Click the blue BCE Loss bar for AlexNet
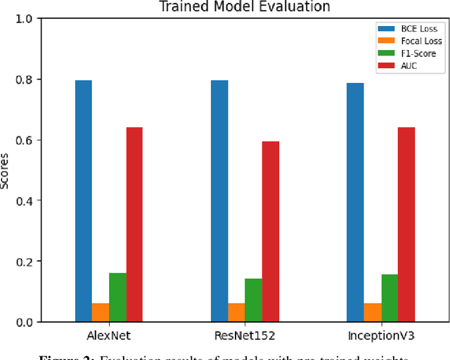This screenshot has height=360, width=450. point(84,201)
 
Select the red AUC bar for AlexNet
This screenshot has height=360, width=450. point(134,224)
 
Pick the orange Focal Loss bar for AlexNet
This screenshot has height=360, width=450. point(101,312)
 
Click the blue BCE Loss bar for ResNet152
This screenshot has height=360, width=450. point(219,201)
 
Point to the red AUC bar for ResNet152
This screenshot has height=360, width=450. point(271,231)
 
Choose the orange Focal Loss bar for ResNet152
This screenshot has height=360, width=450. point(236,312)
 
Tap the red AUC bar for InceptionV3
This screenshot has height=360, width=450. point(406,224)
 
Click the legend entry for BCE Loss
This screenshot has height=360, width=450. point(408,29)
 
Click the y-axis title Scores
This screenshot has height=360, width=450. point(6,170)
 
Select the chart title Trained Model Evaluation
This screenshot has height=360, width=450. point(245,6)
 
